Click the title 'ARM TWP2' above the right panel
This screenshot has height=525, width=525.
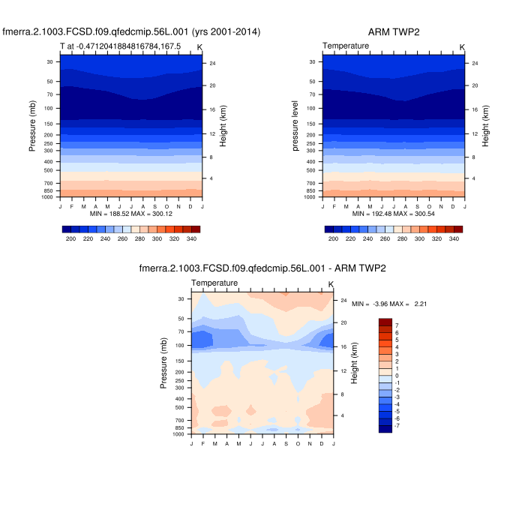click(x=394, y=31)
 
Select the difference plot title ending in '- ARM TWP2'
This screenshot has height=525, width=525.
click(x=262, y=268)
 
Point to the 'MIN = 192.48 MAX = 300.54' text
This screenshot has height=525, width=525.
click(x=393, y=214)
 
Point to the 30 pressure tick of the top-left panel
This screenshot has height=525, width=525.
click(x=49, y=62)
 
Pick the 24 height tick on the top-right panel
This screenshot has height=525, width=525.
click(x=475, y=63)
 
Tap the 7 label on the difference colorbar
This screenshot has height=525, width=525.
click(x=397, y=325)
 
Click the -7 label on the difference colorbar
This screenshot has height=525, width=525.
click(x=397, y=425)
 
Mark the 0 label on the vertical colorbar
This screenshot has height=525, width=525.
click(x=397, y=375)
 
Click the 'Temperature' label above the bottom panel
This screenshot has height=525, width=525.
click(x=214, y=283)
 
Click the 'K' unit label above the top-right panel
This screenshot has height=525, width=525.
click(x=462, y=47)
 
